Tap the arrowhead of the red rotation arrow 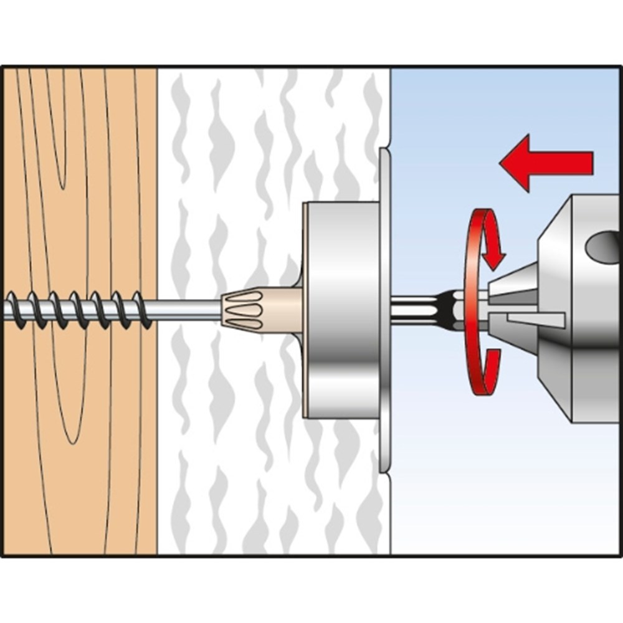tap(496, 255)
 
